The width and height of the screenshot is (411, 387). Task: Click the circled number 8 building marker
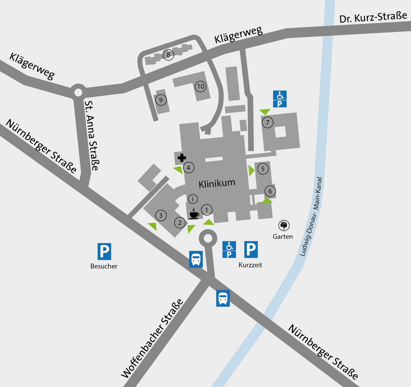point(168,55)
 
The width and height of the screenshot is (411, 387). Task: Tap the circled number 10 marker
point(200,86)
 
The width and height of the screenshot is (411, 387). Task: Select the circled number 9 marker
point(161,100)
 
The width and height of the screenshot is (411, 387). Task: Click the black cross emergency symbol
point(182,158)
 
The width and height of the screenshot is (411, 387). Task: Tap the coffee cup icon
point(194,214)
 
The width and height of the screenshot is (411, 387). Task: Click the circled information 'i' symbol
point(193,199)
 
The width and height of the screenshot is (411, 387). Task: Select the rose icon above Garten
point(284,225)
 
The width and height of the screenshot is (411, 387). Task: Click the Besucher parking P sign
point(104,251)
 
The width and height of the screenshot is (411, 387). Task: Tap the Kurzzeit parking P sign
point(251,249)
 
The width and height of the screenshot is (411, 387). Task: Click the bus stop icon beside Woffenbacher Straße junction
point(196,259)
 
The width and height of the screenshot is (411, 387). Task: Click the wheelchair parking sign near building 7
point(280,99)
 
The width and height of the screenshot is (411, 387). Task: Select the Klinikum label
point(217,183)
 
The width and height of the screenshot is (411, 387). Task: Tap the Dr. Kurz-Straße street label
point(373,17)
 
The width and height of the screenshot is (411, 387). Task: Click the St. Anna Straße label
point(91,135)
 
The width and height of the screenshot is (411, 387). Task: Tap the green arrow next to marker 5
point(251,170)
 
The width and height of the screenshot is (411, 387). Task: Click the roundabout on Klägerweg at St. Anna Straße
point(78,92)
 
